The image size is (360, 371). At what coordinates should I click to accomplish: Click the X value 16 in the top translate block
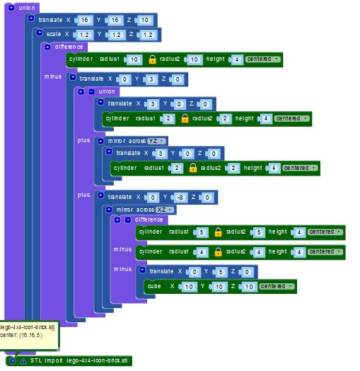[85, 20]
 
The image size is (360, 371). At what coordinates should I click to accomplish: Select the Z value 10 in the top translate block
[145, 20]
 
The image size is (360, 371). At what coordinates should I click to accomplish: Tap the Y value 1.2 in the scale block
[116, 35]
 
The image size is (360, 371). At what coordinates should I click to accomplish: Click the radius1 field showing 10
[134, 59]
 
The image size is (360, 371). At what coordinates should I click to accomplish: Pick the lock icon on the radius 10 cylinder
[153, 59]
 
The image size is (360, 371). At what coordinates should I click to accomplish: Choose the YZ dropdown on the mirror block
[156, 142]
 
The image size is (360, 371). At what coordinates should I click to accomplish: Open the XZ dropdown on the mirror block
[165, 210]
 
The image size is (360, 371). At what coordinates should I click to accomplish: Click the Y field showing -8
[180, 198]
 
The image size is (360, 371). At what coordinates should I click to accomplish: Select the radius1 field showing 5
[201, 232]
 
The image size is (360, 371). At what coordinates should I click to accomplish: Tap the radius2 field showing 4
[259, 252]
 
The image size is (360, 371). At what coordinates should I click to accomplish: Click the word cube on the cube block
[154, 286]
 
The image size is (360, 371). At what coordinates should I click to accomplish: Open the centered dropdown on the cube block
[277, 286]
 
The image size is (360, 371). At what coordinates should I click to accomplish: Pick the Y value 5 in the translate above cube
[221, 272]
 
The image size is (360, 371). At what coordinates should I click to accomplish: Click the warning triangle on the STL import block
[23, 361]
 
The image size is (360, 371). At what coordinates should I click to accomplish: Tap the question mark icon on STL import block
[12, 361]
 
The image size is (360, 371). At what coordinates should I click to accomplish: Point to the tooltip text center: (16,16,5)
[21, 336]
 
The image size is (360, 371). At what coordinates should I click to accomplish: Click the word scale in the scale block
[54, 34]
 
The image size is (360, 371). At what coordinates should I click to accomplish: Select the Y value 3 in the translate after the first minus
[151, 79]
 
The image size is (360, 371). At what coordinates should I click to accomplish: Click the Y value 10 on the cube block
[219, 287]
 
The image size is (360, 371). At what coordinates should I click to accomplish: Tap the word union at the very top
[27, 8]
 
